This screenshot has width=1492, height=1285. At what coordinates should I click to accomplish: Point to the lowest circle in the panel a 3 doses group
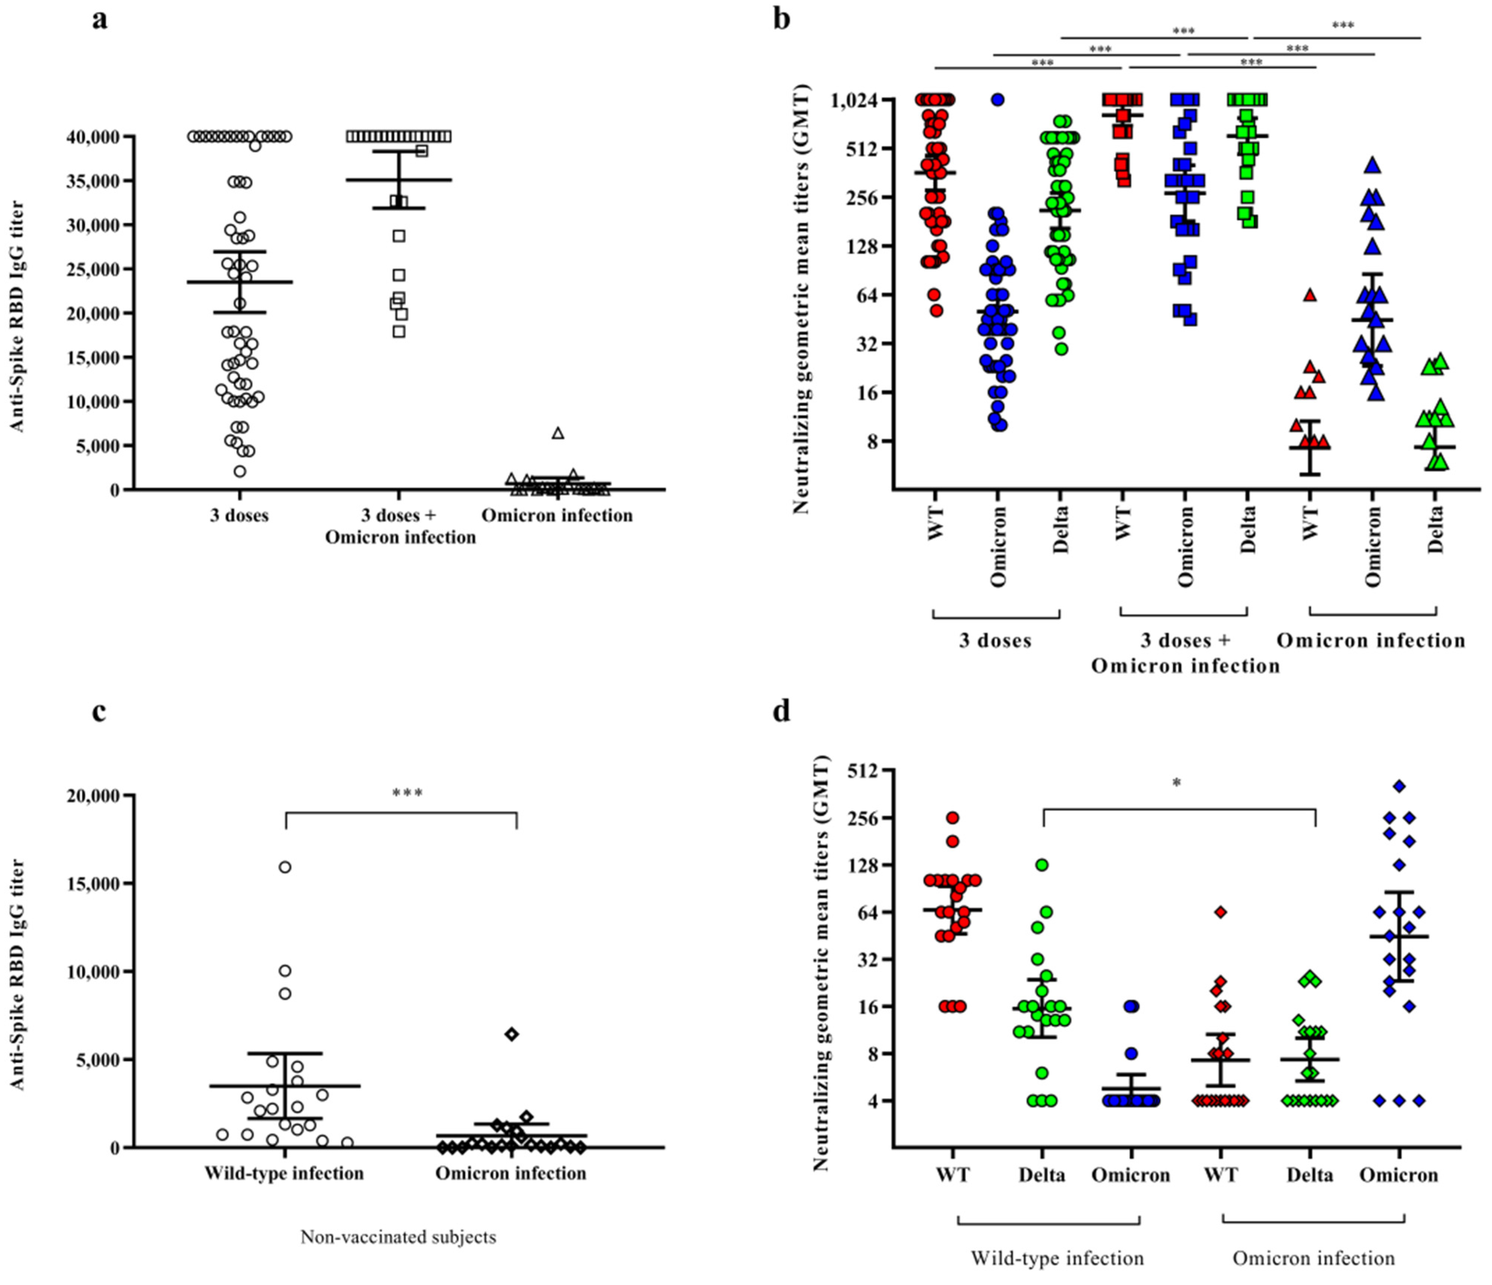[x=240, y=471]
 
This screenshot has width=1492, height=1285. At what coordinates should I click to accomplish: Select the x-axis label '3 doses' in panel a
[x=239, y=515]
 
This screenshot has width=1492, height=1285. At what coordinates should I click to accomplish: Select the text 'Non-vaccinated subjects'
[x=398, y=1237]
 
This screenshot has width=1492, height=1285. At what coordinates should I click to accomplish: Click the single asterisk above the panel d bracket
[x=1177, y=783]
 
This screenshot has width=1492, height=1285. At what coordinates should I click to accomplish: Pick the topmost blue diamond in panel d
[x=1399, y=786]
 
